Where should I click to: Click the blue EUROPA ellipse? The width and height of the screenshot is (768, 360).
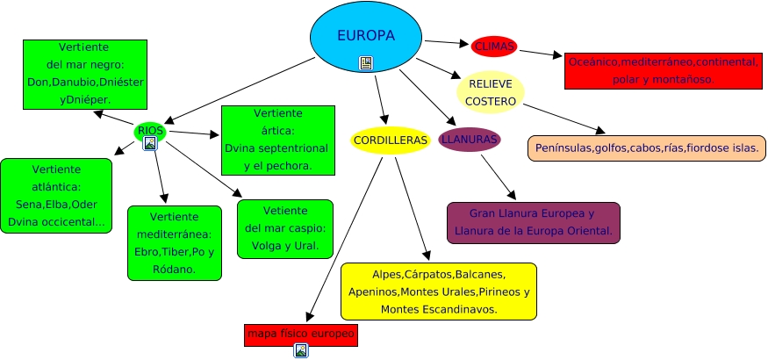click(x=366, y=37)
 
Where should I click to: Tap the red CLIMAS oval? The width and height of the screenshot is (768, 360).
click(x=494, y=47)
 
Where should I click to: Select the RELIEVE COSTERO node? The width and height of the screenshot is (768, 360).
click(x=491, y=92)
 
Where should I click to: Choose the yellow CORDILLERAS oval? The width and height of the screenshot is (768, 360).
click(x=391, y=140)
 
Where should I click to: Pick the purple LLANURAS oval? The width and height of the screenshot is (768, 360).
click(x=470, y=140)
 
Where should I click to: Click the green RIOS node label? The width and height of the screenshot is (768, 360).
click(x=150, y=131)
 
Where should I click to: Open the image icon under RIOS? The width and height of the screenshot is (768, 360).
click(x=150, y=143)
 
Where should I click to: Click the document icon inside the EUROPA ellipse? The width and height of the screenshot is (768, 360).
click(x=365, y=63)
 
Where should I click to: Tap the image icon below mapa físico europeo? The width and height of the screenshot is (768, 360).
click(x=301, y=350)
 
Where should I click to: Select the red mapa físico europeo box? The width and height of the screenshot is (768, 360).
click(x=301, y=335)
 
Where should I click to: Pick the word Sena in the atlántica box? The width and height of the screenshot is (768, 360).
click(x=26, y=205)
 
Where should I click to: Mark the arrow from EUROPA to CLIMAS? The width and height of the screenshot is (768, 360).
click(x=447, y=43)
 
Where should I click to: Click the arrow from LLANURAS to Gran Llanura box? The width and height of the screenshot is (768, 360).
click(x=499, y=176)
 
